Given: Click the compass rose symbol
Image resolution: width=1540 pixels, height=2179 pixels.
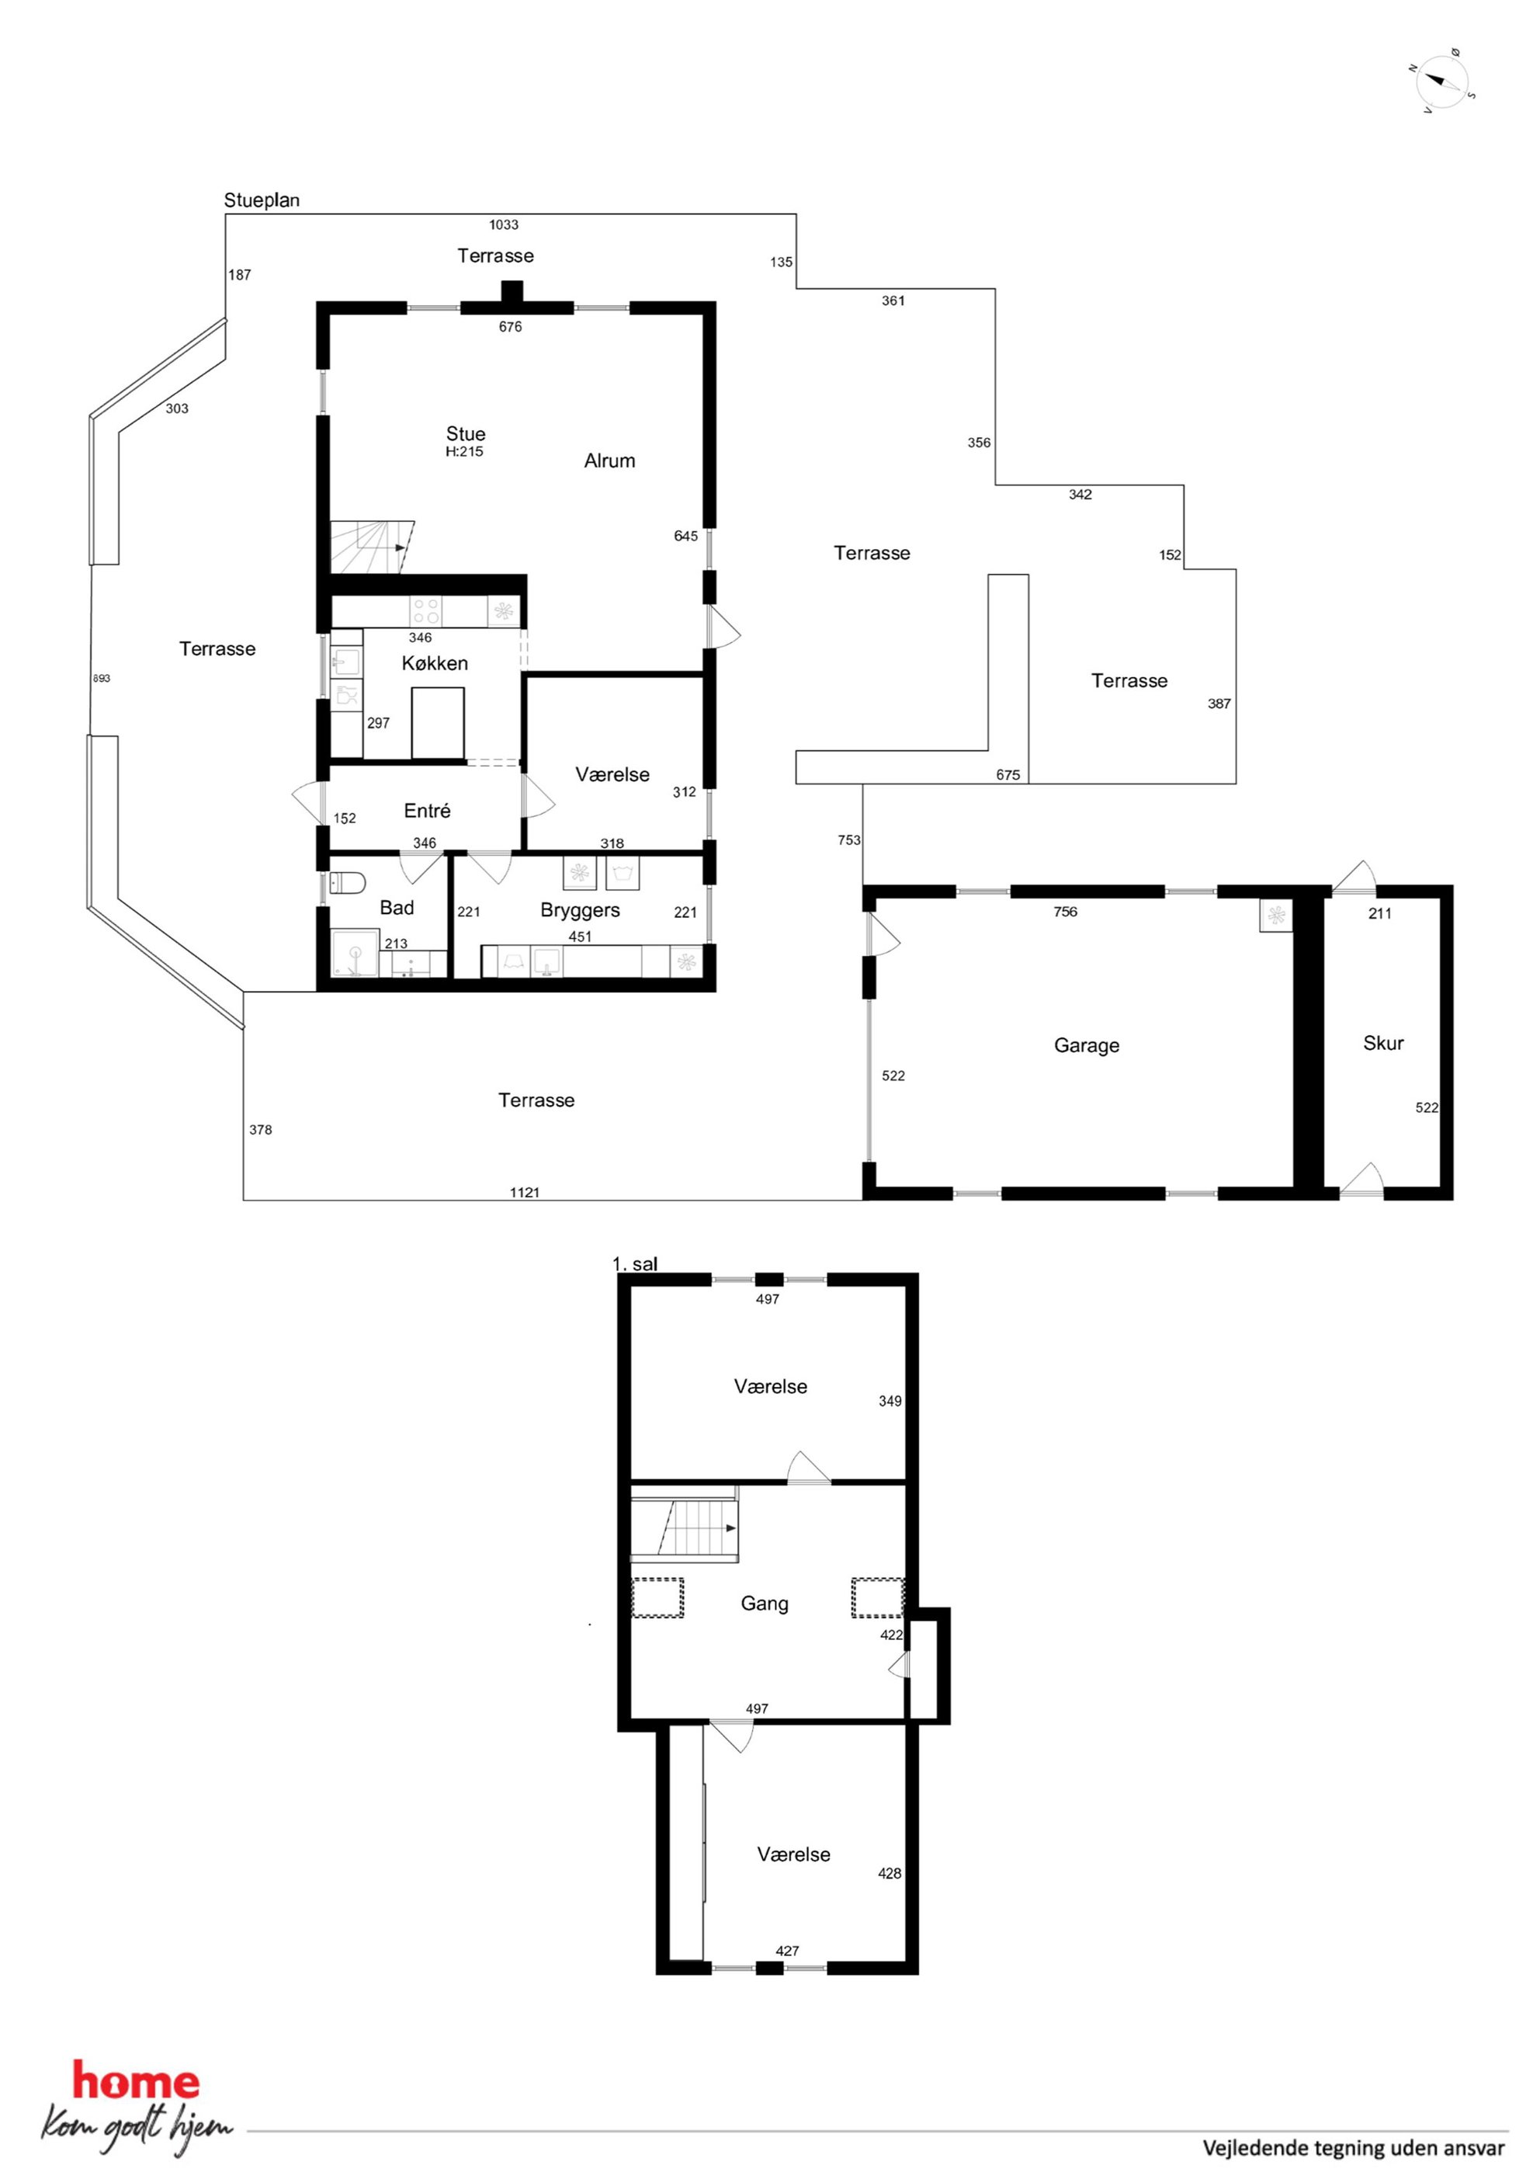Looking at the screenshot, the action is (1441, 82).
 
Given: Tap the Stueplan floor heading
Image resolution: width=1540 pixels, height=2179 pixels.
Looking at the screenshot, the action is (262, 200).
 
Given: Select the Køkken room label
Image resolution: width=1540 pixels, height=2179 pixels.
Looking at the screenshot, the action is (435, 663).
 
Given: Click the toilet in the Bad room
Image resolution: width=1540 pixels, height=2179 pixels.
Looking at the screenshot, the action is (349, 884).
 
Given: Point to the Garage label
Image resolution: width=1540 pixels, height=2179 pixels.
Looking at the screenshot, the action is (1087, 1046).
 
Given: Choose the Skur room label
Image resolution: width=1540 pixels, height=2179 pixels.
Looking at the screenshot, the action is (1382, 1043).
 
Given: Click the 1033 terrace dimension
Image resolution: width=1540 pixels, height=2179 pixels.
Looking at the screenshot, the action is (504, 225).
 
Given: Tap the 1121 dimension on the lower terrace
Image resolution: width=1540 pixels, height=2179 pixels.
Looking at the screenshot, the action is (525, 1193).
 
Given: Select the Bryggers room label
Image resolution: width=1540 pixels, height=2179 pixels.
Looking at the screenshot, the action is (580, 911).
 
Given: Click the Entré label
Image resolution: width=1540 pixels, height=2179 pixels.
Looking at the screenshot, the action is (427, 811).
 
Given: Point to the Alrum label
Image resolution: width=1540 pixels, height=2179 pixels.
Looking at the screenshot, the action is (609, 461).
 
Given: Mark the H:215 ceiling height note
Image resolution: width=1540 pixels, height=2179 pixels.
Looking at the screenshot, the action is (465, 452).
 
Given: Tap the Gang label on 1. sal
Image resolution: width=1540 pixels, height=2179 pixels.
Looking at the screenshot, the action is (764, 1604).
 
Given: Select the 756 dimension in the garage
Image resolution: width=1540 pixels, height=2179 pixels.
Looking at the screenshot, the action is (1066, 912).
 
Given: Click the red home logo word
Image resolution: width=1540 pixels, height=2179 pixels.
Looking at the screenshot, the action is (137, 2081).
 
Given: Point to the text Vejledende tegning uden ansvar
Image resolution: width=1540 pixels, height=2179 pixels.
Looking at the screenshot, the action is (1354, 2148).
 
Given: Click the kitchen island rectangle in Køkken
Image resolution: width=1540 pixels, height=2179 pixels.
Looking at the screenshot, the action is (438, 723).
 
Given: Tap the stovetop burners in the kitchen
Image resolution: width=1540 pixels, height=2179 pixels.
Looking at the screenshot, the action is (426, 610).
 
